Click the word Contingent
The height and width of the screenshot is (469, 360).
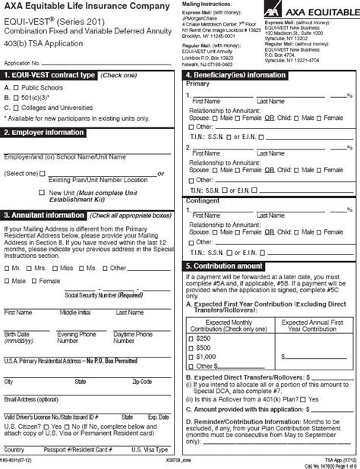click(202, 200)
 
